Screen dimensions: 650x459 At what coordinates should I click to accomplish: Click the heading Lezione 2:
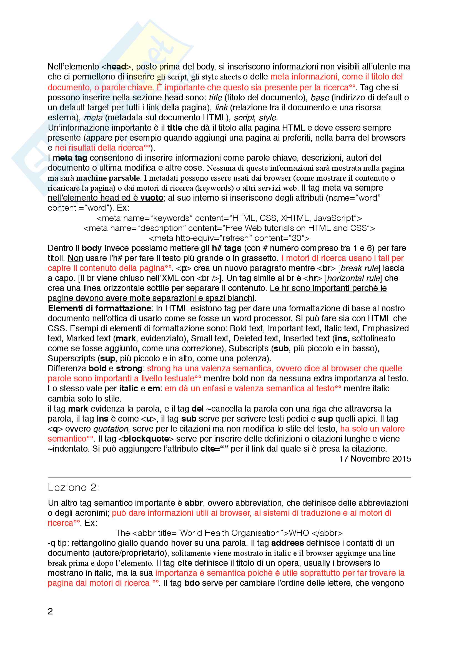tap(73, 487)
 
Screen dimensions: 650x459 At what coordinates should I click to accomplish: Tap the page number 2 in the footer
tap(50, 611)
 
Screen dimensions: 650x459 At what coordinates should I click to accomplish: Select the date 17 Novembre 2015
tap(375, 459)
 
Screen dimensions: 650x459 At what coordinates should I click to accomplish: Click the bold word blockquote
tap(146, 439)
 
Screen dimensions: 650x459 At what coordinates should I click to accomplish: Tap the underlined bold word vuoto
tap(152, 198)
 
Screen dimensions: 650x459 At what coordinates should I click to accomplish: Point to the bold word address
tap(287, 543)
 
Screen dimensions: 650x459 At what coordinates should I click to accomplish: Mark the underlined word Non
tap(75, 258)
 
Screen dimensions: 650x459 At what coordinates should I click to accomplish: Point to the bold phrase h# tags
tap(227, 248)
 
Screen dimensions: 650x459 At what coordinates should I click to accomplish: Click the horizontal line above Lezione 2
tap(229, 478)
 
